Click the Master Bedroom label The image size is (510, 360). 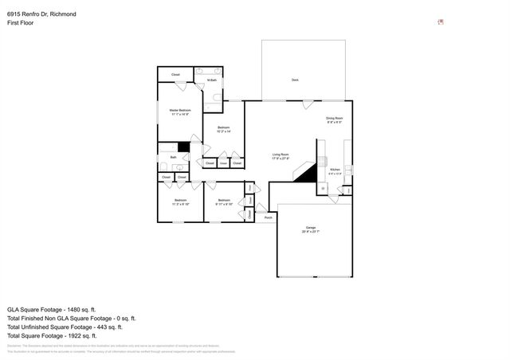pyautogui.click(x=179, y=110)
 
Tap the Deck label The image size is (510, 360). pyautogui.click(x=295, y=80)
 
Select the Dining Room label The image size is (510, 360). pyautogui.click(x=334, y=119)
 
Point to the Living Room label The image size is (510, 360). pyautogui.click(x=280, y=155)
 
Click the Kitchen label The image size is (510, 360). pyautogui.click(x=335, y=170)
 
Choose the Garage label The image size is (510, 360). pyautogui.click(x=310, y=229)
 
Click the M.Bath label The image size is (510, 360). pyautogui.click(x=213, y=80)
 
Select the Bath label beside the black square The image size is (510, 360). pyautogui.click(x=174, y=158)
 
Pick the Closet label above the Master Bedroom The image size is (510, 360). pyautogui.click(x=175, y=75)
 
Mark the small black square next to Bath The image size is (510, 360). pyautogui.click(x=183, y=147)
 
